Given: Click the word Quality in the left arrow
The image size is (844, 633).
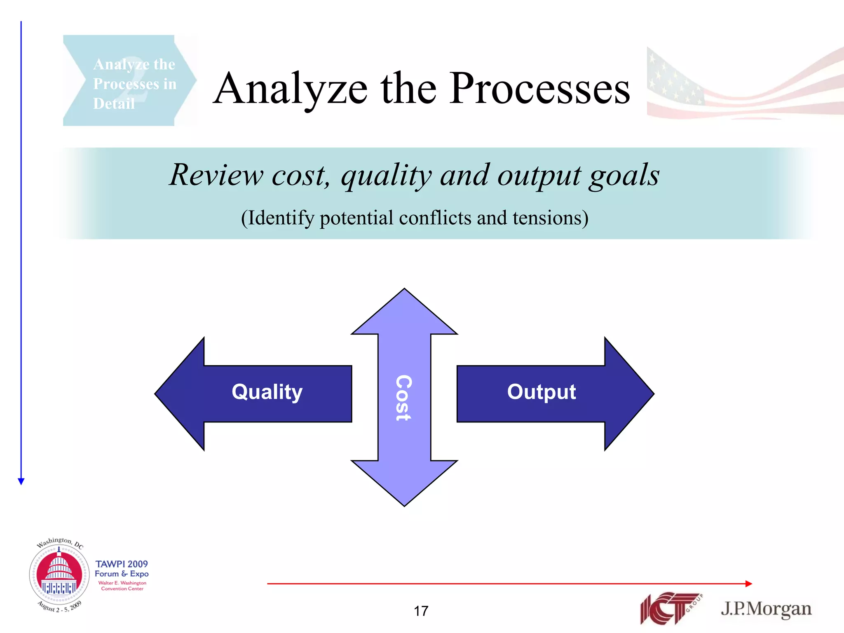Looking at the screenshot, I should tap(267, 392).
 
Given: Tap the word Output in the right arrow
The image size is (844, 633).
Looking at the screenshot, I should tap(541, 392).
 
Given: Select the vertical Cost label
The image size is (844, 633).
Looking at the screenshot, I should tap(403, 398).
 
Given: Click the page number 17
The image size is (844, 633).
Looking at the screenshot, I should tap(421, 611).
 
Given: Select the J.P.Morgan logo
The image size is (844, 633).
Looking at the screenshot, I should tap(766, 609).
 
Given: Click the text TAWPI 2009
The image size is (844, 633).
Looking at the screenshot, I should tap(122, 564).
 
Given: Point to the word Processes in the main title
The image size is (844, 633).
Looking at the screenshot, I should tap(539, 89).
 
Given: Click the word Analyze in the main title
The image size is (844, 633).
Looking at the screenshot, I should tap(291, 89).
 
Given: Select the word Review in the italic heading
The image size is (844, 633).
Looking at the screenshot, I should tap(216, 175).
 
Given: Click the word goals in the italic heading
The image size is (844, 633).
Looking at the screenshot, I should tap(624, 175).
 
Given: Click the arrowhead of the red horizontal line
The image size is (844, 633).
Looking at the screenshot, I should tap(749, 584).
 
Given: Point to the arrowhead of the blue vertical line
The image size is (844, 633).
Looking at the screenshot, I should tap(21, 481).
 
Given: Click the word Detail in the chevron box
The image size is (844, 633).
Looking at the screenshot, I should tap(114, 103).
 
